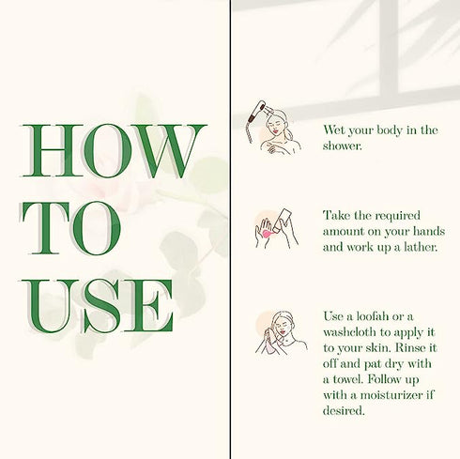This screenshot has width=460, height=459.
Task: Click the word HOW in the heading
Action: click(115, 150)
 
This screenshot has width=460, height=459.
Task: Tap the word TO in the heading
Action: click(71, 228)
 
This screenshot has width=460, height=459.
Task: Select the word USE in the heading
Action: click(98, 305)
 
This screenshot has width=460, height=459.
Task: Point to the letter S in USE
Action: click(101, 305)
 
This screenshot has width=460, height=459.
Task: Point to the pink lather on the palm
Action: click(267, 234)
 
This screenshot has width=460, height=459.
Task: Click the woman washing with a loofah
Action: click(282, 332)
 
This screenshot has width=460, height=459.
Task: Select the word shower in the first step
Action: click(342, 145)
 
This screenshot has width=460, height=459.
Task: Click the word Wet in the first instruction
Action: click(333, 130)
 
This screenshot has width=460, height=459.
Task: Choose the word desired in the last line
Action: click(344, 410)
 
